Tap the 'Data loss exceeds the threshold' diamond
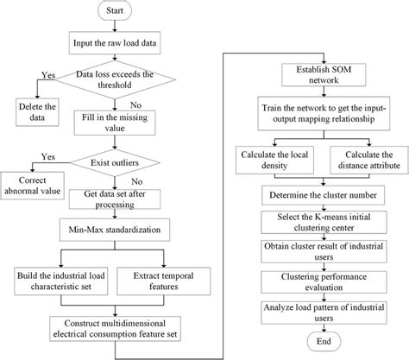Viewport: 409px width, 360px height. pyautogui.click(x=117, y=83)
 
